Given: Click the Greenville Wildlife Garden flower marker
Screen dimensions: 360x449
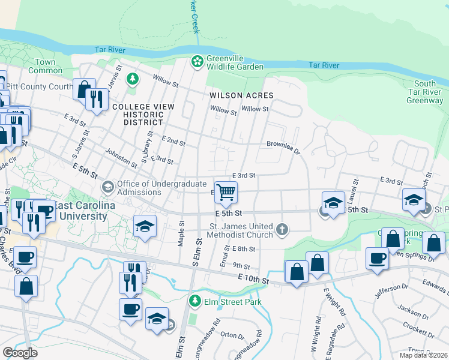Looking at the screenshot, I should pyautogui.click(x=197, y=62).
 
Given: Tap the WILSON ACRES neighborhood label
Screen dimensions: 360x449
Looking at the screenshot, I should pyautogui.click(x=241, y=95).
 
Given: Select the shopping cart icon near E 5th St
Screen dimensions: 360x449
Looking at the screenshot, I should pyautogui.click(x=226, y=193).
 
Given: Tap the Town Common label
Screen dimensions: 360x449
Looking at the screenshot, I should pyautogui.click(x=45, y=66).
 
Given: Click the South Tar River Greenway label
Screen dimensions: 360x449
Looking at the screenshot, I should pyautogui.click(x=424, y=92).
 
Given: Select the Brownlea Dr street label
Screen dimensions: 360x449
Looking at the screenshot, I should pyautogui.click(x=283, y=144).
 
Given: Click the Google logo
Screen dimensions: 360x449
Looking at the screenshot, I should pyautogui.click(x=20, y=353).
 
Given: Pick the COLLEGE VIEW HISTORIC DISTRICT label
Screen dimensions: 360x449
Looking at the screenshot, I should pyautogui.click(x=143, y=114).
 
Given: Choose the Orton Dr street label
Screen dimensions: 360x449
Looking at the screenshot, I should pyautogui.click(x=229, y=335).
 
